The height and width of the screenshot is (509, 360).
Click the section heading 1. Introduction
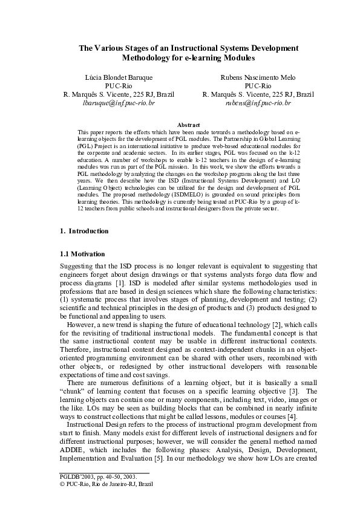85,231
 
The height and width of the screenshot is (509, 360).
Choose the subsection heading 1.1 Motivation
83,253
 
